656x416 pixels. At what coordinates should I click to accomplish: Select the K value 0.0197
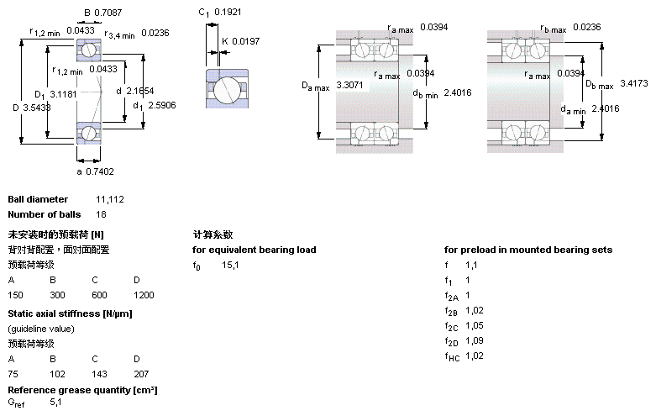(246, 40)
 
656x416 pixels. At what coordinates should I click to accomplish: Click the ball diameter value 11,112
(111, 200)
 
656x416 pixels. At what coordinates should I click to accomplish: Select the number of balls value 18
(102, 214)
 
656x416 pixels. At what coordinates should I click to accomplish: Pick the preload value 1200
(144, 295)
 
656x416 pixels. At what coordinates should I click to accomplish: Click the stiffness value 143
(99, 372)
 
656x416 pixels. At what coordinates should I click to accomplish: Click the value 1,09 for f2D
(475, 341)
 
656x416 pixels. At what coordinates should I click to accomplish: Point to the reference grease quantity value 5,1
(56, 403)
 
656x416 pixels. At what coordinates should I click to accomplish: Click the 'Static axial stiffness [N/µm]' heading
(71, 313)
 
